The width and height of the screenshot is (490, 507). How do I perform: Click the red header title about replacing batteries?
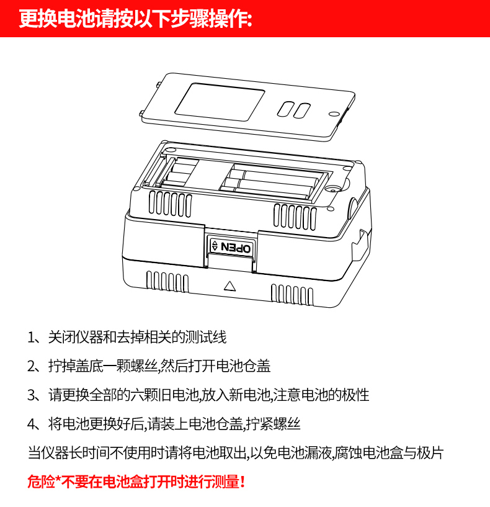pyautogui.click(x=135, y=19)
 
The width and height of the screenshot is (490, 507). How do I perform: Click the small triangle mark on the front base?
pyautogui.click(x=229, y=286)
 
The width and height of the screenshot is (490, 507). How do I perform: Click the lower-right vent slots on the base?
pyautogui.click(x=292, y=294)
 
